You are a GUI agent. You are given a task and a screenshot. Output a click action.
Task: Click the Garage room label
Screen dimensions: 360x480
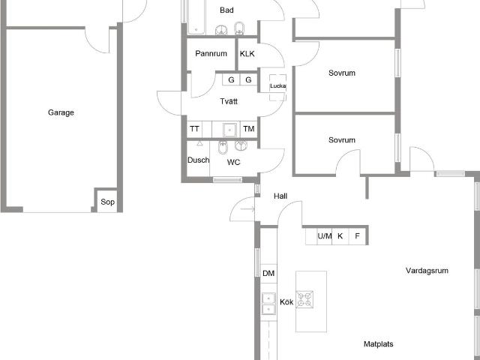coord(61,112)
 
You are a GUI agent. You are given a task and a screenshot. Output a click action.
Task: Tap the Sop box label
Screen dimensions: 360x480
coord(108,202)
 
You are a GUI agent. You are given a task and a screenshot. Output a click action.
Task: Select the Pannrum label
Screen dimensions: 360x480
coord(211,54)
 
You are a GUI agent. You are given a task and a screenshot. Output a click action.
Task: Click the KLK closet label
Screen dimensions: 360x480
coord(247,54)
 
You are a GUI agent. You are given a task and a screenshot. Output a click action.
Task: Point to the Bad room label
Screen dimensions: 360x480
coord(226,10)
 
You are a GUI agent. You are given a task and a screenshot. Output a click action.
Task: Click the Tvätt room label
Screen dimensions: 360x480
coord(229,101)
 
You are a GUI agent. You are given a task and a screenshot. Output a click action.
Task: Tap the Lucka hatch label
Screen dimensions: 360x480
coord(277,85)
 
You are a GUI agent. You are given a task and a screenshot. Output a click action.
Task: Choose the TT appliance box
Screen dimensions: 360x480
coord(194,129)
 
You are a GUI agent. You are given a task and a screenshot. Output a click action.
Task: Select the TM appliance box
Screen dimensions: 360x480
coord(248,129)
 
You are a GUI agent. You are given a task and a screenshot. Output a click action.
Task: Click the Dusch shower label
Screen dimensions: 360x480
coord(198,160)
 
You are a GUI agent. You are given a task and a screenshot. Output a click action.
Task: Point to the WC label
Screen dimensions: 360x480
coord(234,162)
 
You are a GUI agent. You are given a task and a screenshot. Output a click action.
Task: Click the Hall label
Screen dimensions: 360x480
coord(280,196)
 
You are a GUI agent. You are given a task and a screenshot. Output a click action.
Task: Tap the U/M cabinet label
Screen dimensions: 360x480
coord(325,236)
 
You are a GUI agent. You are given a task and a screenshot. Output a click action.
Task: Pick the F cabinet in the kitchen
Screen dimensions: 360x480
coord(358,236)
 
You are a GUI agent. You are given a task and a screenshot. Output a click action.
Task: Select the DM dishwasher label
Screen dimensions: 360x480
coord(268,274)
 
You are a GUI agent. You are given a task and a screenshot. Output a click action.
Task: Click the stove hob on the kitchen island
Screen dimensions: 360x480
coord(305,300)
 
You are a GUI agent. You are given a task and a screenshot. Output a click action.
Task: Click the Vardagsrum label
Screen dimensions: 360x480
coord(427,271)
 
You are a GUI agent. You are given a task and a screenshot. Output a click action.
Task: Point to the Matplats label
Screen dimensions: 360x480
coord(379,344)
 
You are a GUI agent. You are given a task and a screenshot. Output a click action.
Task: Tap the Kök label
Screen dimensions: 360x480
coord(286,302)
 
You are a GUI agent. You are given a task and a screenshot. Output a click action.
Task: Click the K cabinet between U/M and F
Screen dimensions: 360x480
coord(340,236)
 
